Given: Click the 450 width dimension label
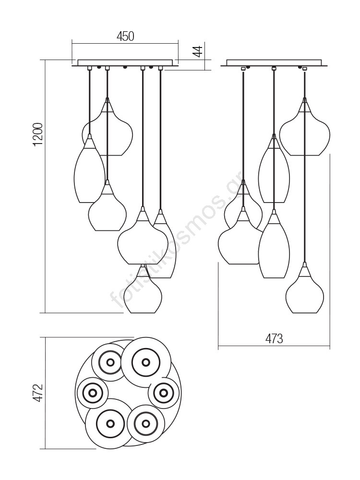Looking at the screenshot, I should pyautogui.click(x=125, y=36).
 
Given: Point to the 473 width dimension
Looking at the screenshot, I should pyautogui.click(x=274, y=339).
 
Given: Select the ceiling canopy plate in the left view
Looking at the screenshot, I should pyautogui.click(x=125, y=62).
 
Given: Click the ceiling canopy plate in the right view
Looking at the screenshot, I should pyautogui.click(x=275, y=62).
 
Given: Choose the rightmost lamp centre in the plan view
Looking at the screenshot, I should pyautogui.click(x=164, y=393).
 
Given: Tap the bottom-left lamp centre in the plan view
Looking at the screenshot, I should pyautogui.click(x=110, y=423).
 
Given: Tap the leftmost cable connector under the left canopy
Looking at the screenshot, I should pyautogui.click(x=89, y=69).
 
